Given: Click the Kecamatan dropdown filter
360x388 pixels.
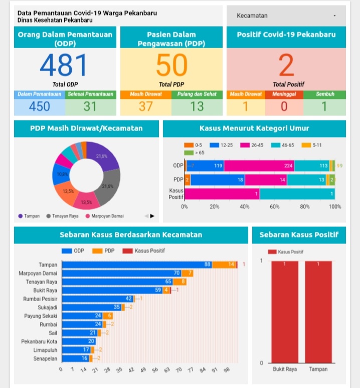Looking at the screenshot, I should pyautogui.click(x=286, y=16).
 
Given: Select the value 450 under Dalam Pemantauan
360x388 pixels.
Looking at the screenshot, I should pyautogui.click(x=39, y=106).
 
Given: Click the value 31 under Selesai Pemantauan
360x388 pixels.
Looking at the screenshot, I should pyautogui.click(x=90, y=106).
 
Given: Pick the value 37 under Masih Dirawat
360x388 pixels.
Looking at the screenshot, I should pyautogui.click(x=145, y=106).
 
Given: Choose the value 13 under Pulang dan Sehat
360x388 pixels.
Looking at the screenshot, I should pyautogui.click(x=197, y=106).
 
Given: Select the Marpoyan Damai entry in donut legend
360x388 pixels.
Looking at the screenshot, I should pyautogui.click(x=107, y=216).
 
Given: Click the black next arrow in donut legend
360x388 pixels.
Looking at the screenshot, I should pyautogui.click(x=152, y=216).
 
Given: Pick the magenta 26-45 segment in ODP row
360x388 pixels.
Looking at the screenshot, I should pyautogui.click(x=259, y=166).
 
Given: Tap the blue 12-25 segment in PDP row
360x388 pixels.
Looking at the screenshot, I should pyautogui.click(x=218, y=180).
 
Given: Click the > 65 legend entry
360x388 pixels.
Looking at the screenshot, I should pyautogui.click(x=197, y=152).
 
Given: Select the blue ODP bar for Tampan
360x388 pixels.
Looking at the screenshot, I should pyautogui.click(x=135, y=265).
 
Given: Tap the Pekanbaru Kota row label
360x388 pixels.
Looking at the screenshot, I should pyautogui.click(x=39, y=341).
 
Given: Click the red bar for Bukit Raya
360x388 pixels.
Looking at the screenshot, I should pyautogui.click(x=284, y=311).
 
